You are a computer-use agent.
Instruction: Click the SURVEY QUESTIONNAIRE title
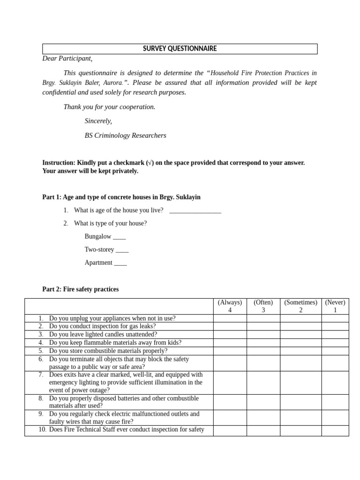[180, 49]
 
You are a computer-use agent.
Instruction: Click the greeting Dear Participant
[67, 59]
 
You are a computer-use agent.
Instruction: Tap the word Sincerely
[98, 121]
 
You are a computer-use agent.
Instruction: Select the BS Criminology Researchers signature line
[125, 135]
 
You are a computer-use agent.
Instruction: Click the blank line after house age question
[195, 211]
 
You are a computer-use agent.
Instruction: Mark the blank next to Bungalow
[119, 237]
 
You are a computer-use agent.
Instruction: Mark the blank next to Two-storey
[122, 250]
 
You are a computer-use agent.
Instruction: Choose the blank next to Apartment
[120, 263]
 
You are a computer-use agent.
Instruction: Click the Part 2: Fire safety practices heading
[80, 289]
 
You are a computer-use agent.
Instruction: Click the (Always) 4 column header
[230, 306]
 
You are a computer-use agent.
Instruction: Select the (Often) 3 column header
[263, 306]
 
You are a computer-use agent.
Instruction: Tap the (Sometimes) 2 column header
[300, 306]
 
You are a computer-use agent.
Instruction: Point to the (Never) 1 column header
[335, 306]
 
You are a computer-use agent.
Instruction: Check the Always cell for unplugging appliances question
[230, 318]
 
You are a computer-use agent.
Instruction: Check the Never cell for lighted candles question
[335, 334]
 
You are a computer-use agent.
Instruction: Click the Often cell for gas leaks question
[263, 326]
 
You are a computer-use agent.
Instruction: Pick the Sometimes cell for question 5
[300, 351]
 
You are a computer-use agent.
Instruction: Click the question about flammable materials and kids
[115, 343]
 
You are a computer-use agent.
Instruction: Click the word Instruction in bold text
[59, 163]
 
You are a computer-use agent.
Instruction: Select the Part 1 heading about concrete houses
[121, 197]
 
